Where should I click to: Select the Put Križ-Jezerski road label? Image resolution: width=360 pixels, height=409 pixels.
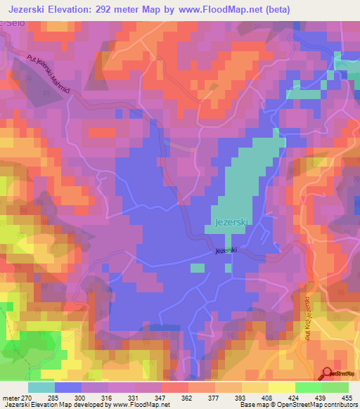308,320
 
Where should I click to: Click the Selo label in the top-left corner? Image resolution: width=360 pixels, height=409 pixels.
9,25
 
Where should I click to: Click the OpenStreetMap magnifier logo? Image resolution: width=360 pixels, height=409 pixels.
328,374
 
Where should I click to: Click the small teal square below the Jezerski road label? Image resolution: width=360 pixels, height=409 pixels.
198,268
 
